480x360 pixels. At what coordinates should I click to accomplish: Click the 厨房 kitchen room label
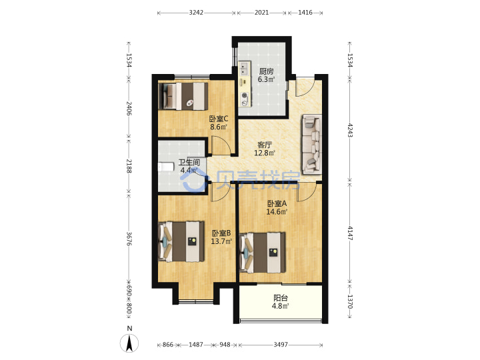[x=266, y=71]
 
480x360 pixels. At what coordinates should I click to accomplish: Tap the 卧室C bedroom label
[x=219, y=119]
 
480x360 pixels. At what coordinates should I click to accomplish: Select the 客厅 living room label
[x=265, y=145]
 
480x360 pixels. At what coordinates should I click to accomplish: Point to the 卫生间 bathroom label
[x=189, y=162]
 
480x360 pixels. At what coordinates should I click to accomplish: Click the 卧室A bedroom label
[x=277, y=203]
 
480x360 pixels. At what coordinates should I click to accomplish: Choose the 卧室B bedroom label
[x=221, y=233]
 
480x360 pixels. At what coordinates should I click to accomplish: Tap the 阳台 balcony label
[x=281, y=298]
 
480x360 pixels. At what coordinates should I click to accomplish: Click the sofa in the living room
[x=312, y=144]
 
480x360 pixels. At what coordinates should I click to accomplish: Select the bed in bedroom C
[x=183, y=96]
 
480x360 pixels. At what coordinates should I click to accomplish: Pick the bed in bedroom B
[x=181, y=242]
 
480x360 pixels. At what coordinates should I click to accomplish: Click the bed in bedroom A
[x=263, y=253]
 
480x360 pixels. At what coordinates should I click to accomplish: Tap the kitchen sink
[x=244, y=69]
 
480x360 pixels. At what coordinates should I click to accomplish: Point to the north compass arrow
[x=129, y=343]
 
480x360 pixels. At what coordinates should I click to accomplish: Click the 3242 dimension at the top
[x=196, y=13]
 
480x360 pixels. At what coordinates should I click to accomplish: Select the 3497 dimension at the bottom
[x=281, y=345]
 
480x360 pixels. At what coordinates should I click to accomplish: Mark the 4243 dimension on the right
[x=350, y=131]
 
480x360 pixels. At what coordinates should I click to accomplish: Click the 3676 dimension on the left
[x=129, y=239]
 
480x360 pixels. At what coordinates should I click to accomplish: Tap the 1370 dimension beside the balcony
[x=350, y=301]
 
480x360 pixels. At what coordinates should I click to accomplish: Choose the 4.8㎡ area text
[x=281, y=306]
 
